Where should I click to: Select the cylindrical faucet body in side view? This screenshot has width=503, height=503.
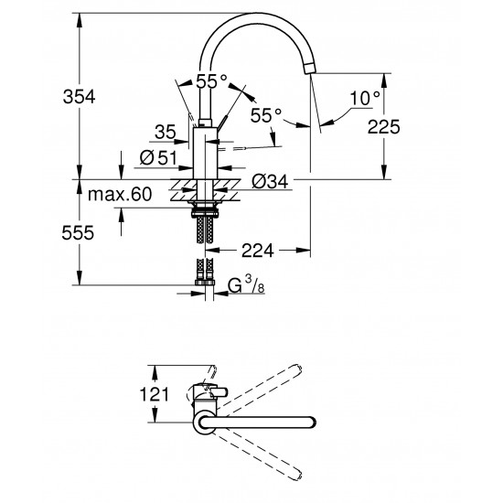pos(206,151)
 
